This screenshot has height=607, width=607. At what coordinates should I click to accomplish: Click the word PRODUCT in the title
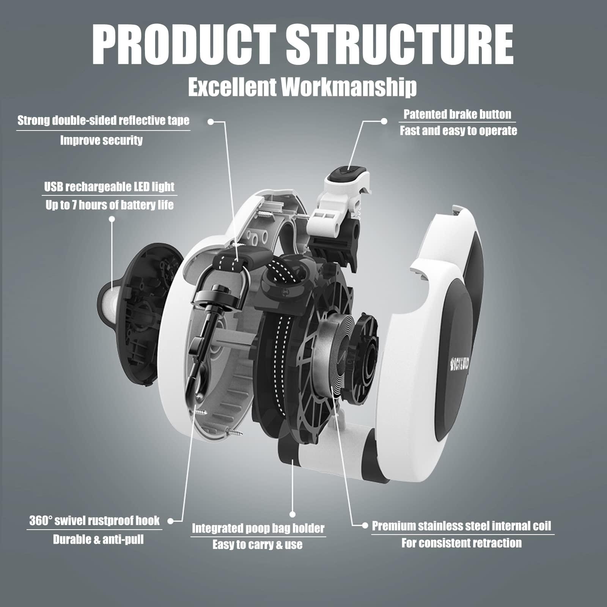click(184, 45)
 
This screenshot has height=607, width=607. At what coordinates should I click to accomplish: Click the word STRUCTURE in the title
click(399, 45)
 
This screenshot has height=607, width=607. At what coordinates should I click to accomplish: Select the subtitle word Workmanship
click(349, 87)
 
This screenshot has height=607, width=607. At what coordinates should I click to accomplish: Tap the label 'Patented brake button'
click(457, 114)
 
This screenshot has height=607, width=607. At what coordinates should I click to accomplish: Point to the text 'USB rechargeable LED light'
click(109, 187)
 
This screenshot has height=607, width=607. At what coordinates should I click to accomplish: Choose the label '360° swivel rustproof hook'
click(94, 521)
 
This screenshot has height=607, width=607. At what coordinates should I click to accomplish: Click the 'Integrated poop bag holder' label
click(258, 528)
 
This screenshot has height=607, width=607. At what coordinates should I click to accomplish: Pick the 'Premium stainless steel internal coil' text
click(461, 526)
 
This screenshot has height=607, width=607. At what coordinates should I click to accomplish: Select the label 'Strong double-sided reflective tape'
click(103, 121)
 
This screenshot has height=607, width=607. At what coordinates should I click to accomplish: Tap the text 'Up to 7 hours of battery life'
click(109, 205)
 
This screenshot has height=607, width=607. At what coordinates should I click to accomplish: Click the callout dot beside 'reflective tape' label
click(211, 122)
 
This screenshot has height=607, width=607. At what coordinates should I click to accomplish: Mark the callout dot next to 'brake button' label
click(384, 121)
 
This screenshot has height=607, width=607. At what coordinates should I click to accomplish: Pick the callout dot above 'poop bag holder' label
click(292, 514)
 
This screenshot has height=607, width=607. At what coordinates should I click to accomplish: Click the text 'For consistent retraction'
click(461, 543)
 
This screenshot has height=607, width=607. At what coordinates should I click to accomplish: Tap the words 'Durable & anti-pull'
click(98, 539)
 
